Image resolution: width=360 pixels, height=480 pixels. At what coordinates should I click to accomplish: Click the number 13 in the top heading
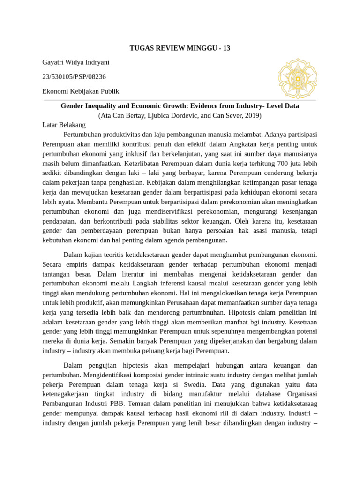click(226, 48)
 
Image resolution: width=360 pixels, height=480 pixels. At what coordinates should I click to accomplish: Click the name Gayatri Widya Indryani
click(75, 62)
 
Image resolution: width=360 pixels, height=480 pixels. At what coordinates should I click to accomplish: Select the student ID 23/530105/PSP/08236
click(74, 76)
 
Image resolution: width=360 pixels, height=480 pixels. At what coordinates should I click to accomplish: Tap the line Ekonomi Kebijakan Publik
click(81, 91)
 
